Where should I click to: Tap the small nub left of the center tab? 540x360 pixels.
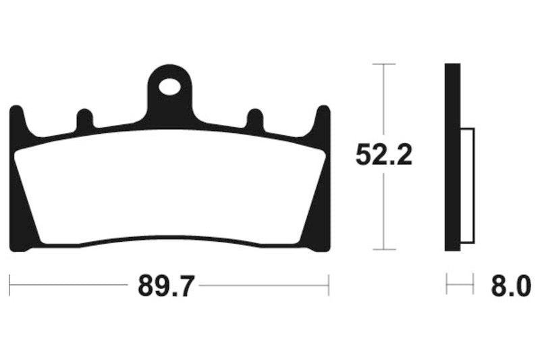point(84,120)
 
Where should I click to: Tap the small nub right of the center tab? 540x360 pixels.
point(254,120)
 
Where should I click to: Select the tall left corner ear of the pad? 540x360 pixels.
point(16,122)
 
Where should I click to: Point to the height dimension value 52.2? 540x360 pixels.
point(384,156)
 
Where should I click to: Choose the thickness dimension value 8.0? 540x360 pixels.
point(506,287)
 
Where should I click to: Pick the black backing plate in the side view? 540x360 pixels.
point(452,157)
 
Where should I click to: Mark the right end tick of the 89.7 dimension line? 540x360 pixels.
point(329,285)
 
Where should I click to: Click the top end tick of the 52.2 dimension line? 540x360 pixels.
point(384,64)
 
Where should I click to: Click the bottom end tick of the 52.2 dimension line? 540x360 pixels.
point(384,249)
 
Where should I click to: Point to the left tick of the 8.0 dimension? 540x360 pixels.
point(446,285)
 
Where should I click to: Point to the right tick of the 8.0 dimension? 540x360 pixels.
point(474,285)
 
